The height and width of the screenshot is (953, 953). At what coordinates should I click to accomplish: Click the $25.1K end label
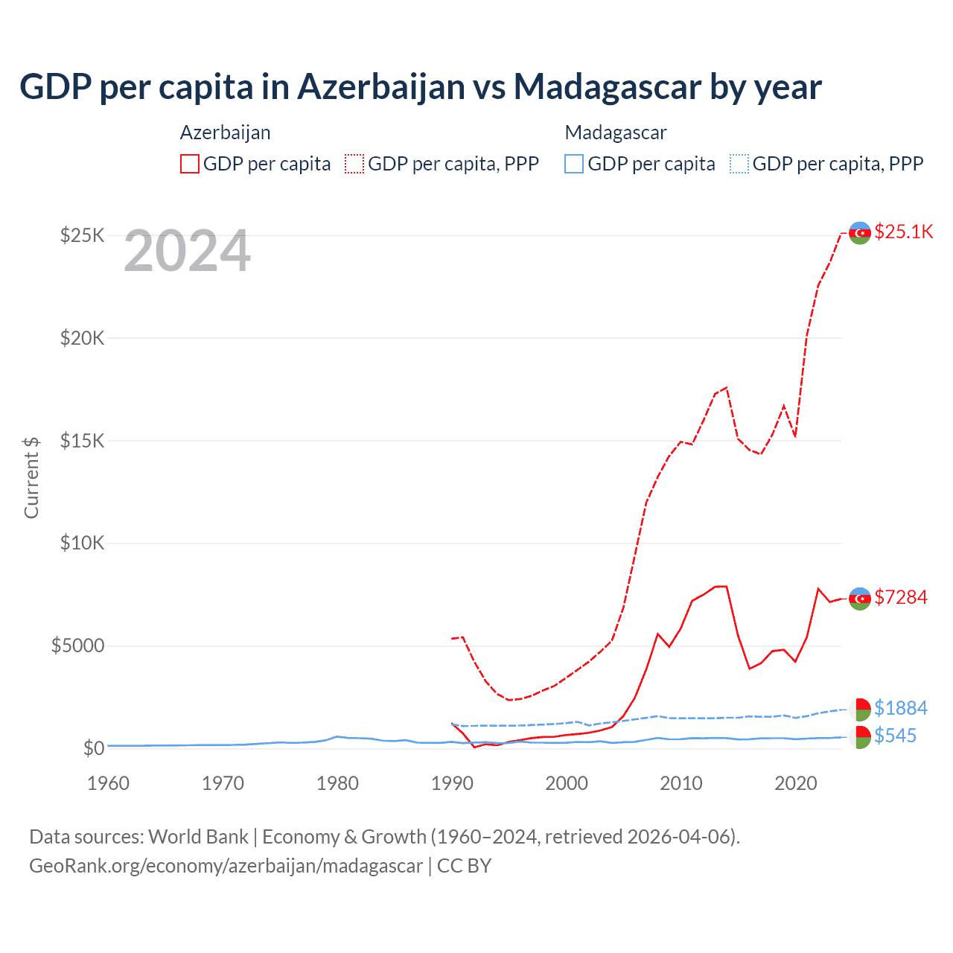903,232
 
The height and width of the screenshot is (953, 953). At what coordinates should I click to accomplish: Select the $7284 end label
901,597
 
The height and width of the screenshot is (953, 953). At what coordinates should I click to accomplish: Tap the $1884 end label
901,707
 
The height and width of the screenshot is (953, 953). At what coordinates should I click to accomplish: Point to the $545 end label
896,736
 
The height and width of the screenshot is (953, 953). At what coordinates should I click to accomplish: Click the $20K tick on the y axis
82,338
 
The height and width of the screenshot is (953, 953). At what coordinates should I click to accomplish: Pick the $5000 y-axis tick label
77,646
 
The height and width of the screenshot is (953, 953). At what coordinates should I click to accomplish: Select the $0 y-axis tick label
93,748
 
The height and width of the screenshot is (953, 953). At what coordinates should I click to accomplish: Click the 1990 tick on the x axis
452,783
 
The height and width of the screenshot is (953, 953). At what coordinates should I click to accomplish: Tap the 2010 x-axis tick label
681,783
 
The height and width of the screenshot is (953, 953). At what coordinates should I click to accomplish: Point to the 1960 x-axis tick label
108,783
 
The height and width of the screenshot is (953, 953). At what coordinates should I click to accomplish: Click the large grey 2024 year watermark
187,252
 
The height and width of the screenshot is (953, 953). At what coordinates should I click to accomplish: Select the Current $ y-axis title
31,477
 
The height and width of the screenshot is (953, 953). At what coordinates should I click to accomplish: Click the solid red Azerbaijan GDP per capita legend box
190,164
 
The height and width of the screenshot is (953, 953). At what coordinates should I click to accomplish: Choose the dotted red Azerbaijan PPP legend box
354,164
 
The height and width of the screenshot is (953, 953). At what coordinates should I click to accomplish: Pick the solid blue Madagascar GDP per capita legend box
574,164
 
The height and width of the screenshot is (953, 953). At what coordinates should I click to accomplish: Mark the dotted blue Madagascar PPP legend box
739,164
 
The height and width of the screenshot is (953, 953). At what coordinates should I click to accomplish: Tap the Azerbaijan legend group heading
225,133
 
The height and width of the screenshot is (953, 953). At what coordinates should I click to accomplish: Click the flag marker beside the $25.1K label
860,233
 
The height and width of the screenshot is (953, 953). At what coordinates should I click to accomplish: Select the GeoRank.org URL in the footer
226,866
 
